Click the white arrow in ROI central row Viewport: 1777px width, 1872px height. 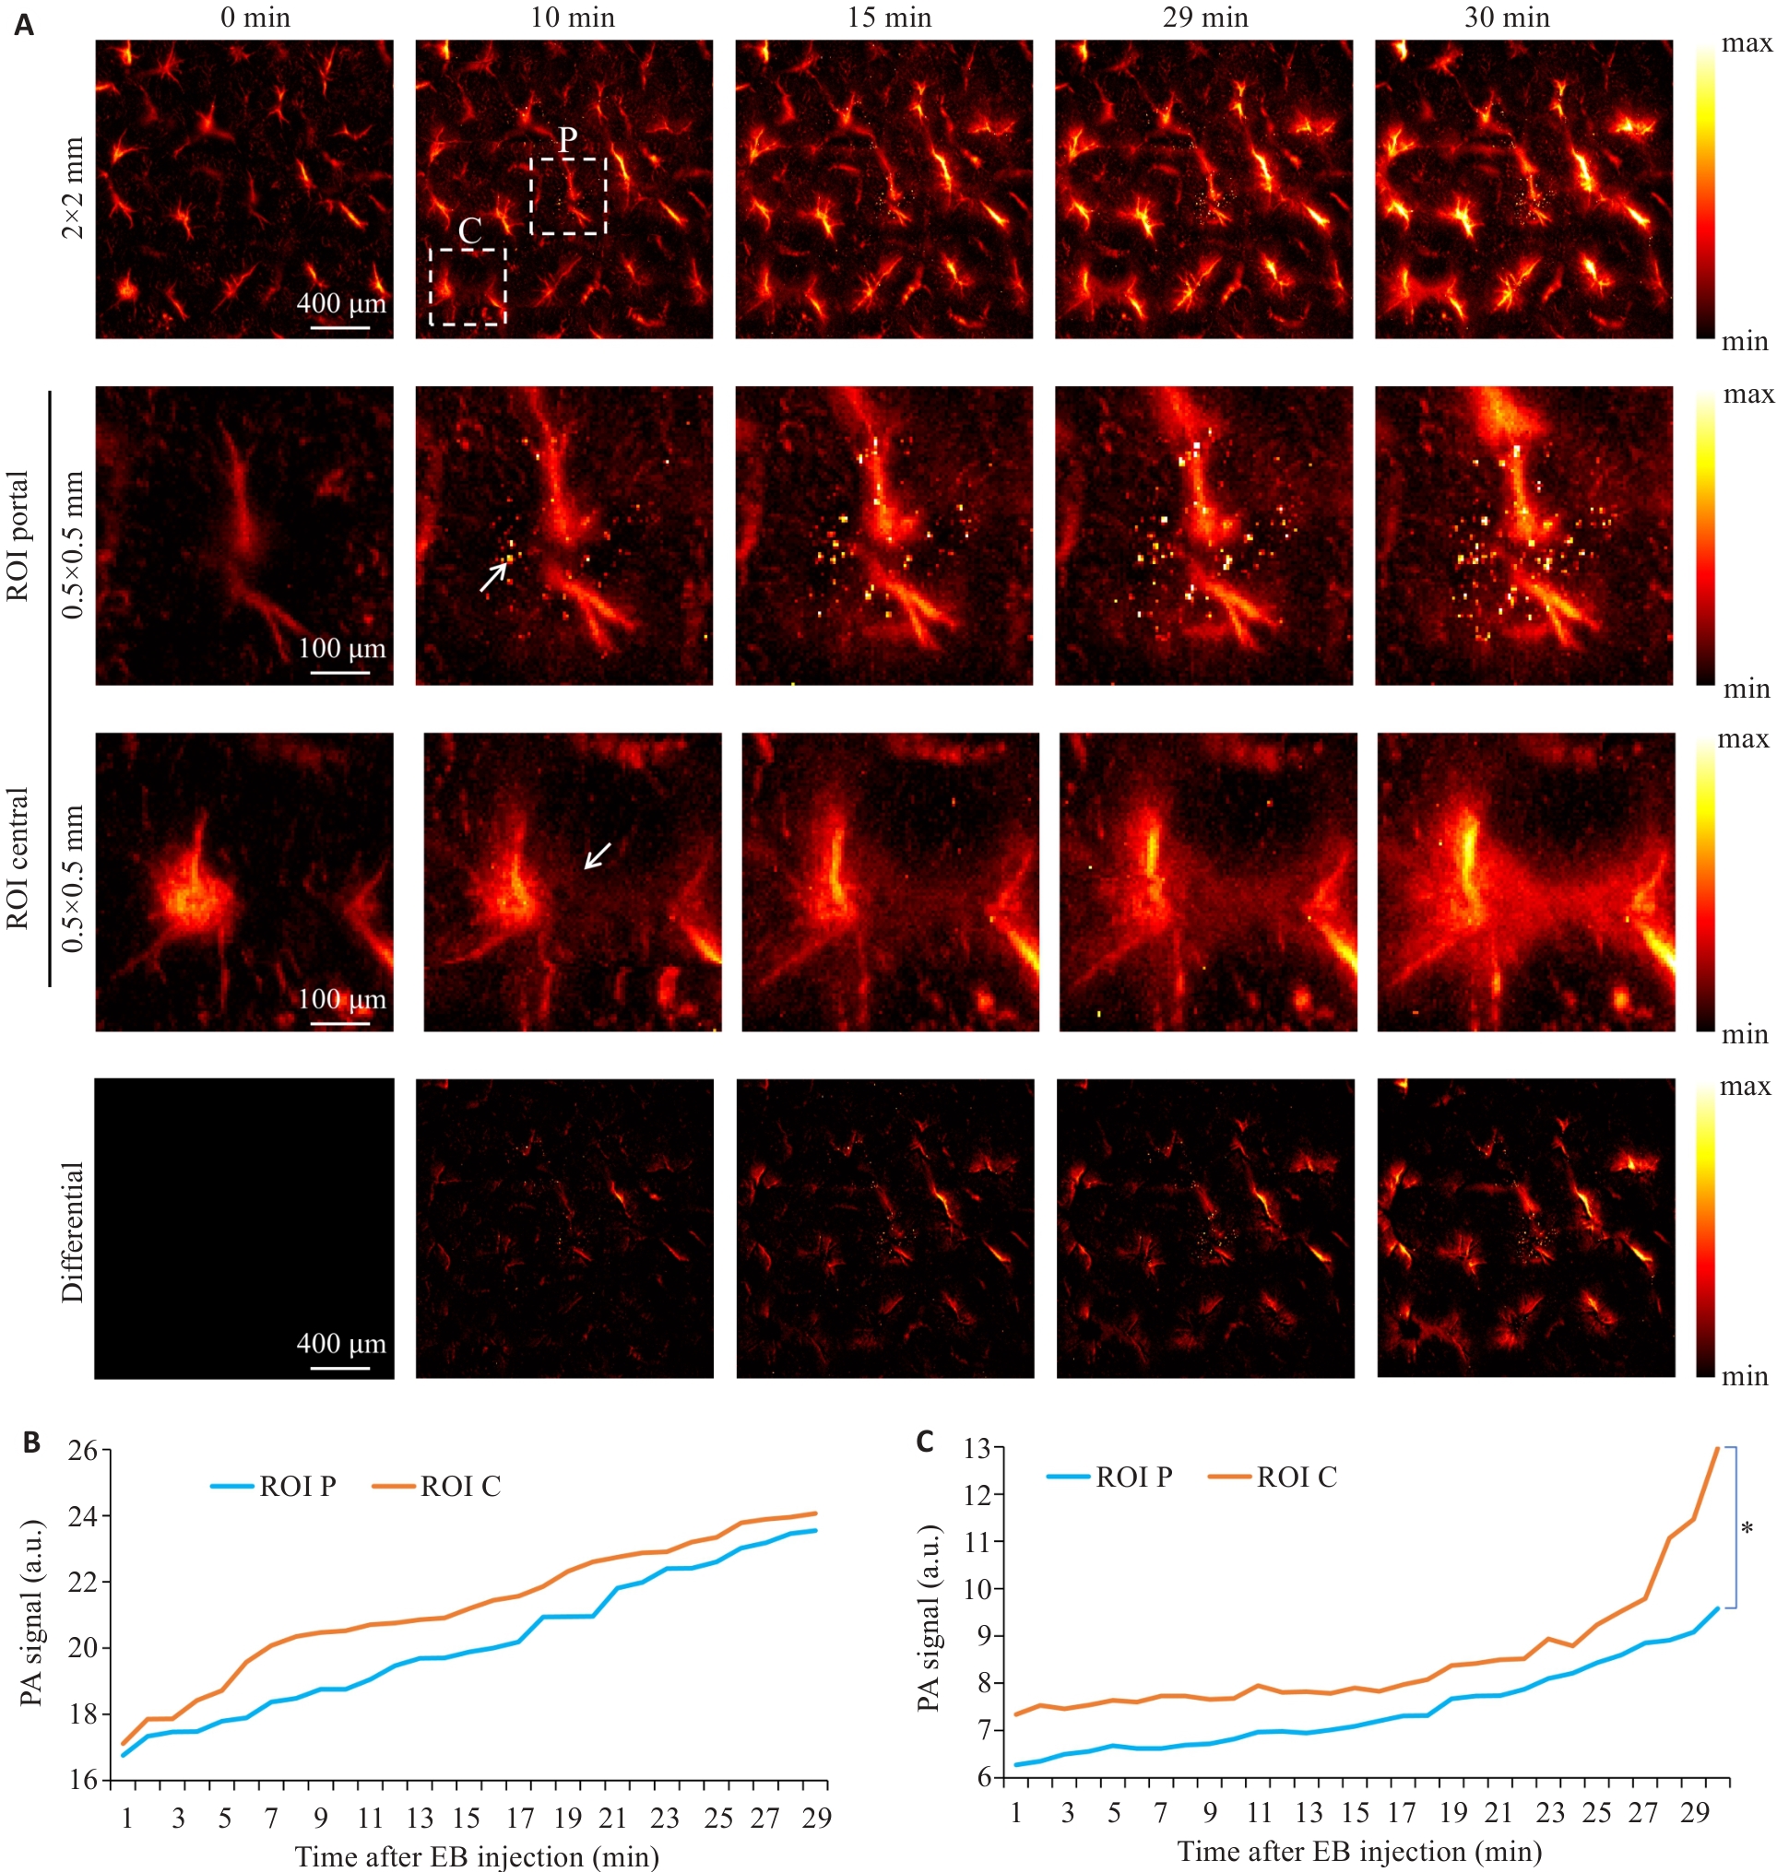pyautogui.click(x=598, y=855)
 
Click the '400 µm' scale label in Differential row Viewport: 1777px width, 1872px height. pyautogui.click(x=341, y=1344)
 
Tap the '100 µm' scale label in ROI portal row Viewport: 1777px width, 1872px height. pyautogui.click(x=342, y=649)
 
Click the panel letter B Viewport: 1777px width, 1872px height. pyautogui.click(x=31, y=1442)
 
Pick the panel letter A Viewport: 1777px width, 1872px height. pyautogui.click(x=24, y=25)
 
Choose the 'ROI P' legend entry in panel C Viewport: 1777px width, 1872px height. pyautogui.click(x=1109, y=1478)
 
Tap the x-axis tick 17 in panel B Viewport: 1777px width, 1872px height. pyautogui.click(x=520, y=1817)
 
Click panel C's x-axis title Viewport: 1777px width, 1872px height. pyautogui.click(x=1359, y=1851)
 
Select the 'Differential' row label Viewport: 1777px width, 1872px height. pyautogui.click(x=72, y=1232)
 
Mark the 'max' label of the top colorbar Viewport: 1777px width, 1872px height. pyautogui.click(x=1746, y=43)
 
